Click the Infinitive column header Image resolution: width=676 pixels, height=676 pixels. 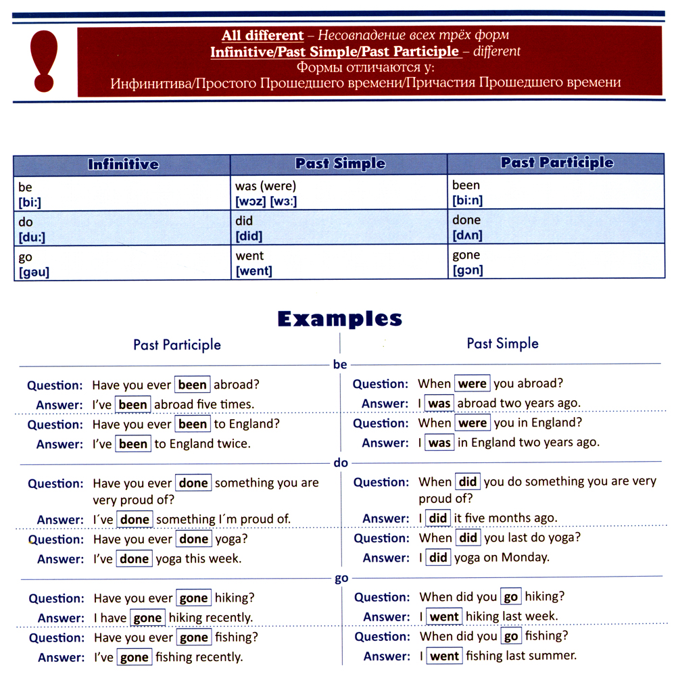(x=123, y=164)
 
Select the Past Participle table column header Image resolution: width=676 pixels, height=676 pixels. (x=557, y=163)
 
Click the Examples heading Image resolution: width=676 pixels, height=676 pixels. (x=339, y=318)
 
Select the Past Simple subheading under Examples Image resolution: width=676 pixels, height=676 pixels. (x=502, y=343)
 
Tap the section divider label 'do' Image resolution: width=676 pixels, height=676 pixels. (x=340, y=464)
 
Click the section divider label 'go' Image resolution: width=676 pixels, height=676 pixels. (x=341, y=579)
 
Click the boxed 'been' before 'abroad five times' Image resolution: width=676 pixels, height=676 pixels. (x=133, y=405)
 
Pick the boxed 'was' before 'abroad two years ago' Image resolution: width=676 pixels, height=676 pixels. (x=439, y=404)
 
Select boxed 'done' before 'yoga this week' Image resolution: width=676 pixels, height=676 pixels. (x=134, y=559)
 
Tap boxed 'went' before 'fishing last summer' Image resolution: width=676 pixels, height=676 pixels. (x=444, y=656)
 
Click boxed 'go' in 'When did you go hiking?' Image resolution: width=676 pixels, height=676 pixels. (x=510, y=598)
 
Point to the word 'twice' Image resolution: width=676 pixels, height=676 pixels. (x=234, y=444)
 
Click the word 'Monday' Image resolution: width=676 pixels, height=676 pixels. (x=527, y=558)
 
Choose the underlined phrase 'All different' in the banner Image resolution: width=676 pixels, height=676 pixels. (x=263, y=35)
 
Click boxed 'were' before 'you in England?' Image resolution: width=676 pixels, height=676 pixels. (x=472, y=423)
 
